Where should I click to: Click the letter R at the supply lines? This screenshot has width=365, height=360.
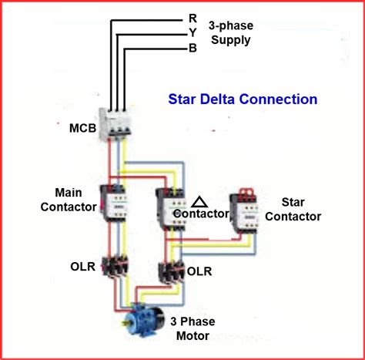coord(192,18)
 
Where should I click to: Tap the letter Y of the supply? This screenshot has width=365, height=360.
coord(192,32)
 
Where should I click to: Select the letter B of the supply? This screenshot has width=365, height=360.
coord(192,47)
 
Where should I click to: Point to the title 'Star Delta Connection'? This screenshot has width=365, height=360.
coord(243,99)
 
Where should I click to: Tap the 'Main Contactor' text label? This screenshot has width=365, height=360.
coord(75,199)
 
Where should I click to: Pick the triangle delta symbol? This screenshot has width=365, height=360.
coord(199,202)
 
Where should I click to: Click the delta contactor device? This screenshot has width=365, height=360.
coord(169,204)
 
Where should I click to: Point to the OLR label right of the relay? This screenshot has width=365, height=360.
coord(199,271)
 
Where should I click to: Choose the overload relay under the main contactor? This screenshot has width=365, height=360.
coord(118,266)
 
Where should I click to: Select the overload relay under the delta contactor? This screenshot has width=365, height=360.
coord(169,271)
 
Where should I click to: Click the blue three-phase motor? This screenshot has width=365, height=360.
coord(143,318)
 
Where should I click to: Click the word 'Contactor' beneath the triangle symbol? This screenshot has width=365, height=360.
coord(200,214)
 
